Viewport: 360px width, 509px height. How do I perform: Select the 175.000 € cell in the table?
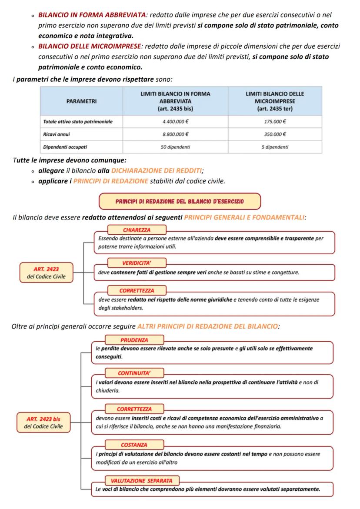click(x=275, y=122)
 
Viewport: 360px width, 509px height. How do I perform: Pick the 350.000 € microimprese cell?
click(x=275, y=134)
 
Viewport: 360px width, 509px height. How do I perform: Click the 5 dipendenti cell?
click(x=275, y=147)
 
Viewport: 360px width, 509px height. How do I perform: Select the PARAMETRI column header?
click(x=82, y=101)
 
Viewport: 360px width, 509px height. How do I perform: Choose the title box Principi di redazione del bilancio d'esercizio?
click(x=180, y=201)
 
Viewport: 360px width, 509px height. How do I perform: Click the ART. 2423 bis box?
click(x=43, y=423)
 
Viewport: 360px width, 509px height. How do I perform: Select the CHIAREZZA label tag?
click(x=136, y=230)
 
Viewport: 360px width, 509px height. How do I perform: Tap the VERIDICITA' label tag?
click(x=137, y=263)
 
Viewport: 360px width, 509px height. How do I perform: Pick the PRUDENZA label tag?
click(x=134, y=340)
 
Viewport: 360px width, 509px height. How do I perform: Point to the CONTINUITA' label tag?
click(x=134, y=373)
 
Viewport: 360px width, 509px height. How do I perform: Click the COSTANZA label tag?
click(x=134, y=445)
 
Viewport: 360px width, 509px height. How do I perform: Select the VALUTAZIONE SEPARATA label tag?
click(x=142, y=481)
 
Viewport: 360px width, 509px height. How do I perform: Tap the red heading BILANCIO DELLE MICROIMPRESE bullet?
click(x=89, y=46)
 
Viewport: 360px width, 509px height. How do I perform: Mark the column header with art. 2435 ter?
click(x=275, y=101)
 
